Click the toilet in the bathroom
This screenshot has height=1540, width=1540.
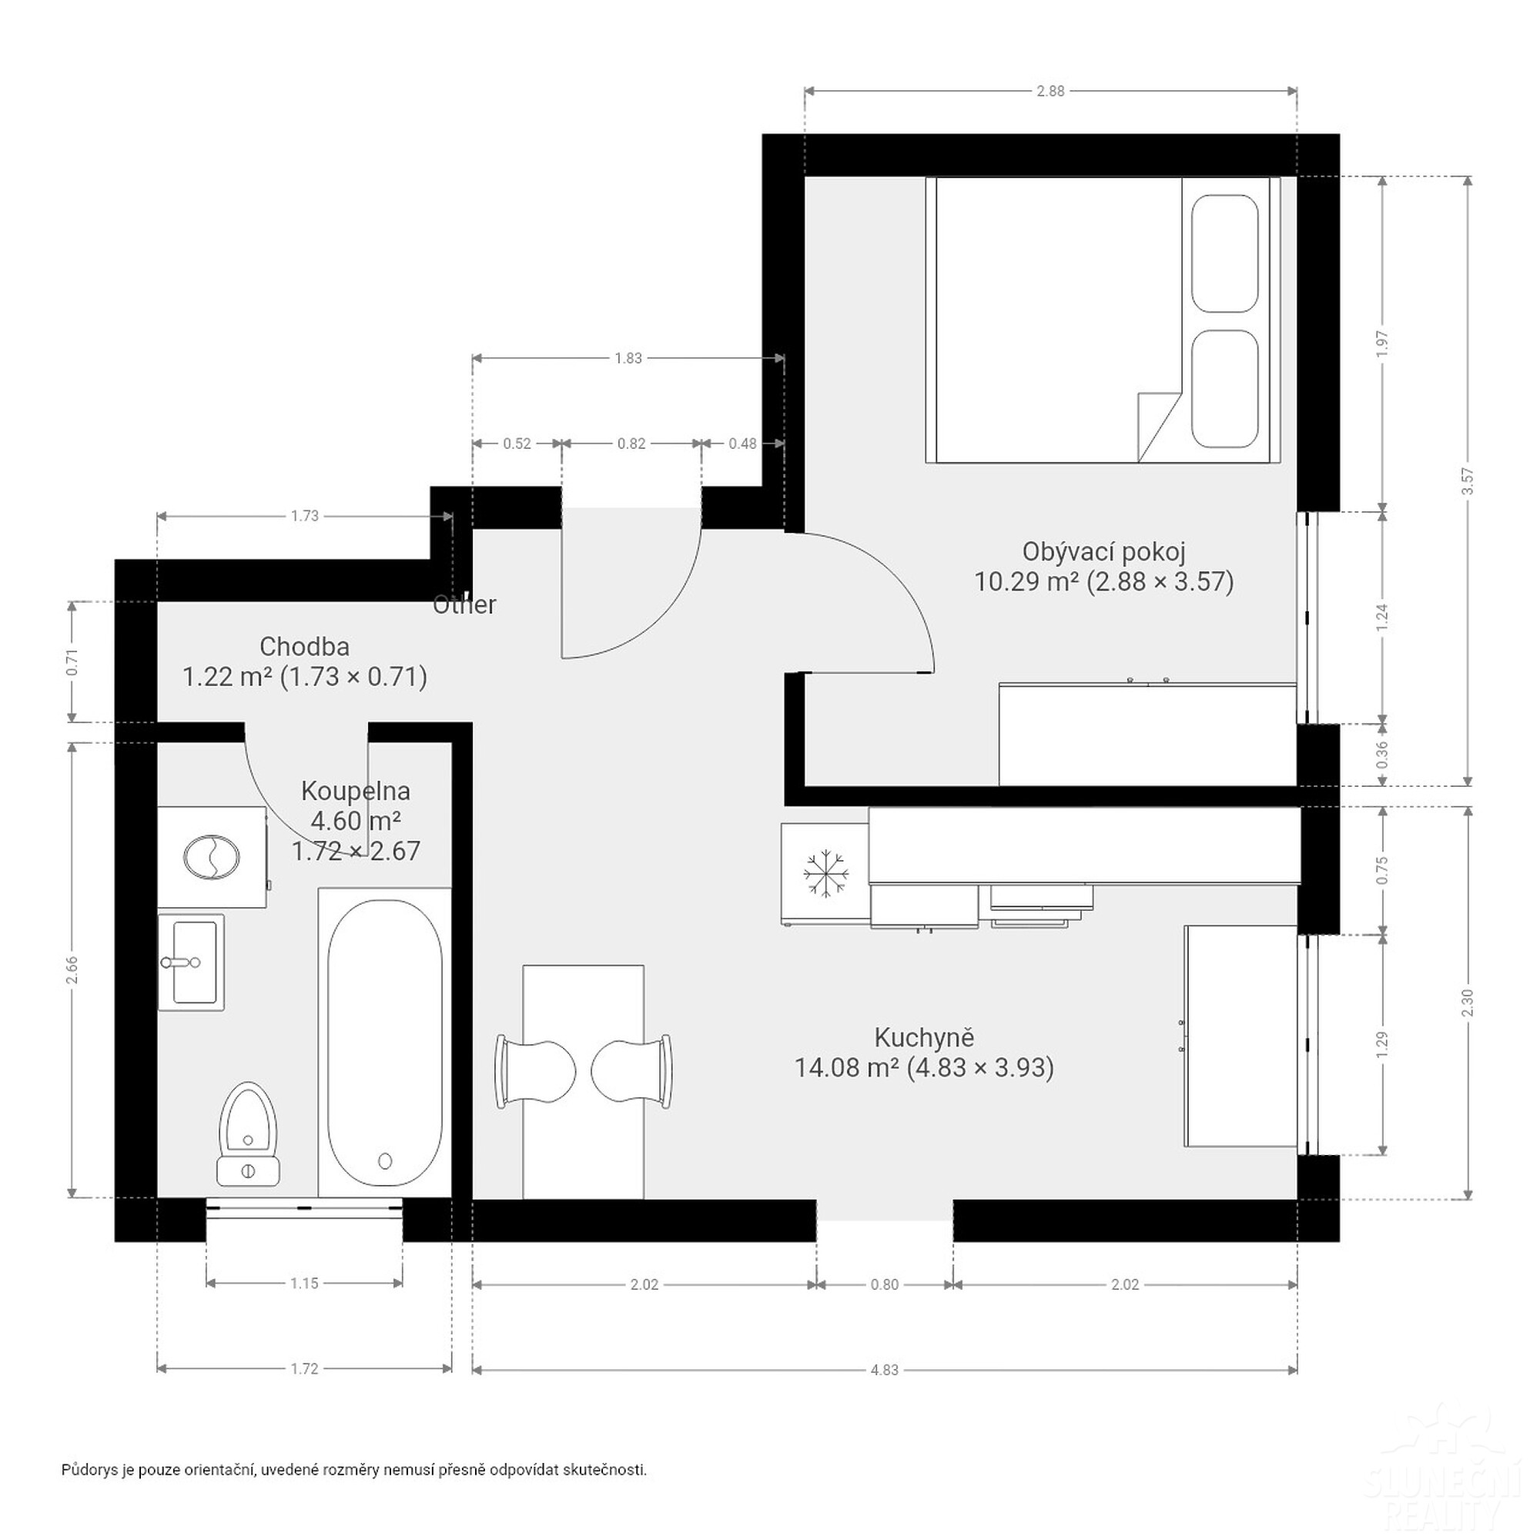pos(248,1133)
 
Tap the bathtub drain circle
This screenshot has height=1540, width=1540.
pos(386,1160)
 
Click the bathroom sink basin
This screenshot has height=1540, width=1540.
pos(191,962)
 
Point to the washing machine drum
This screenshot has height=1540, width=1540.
pos(211,857)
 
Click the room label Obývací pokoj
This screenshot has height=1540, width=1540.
pos(1104,551)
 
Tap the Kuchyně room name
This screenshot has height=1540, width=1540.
pos(924,1037)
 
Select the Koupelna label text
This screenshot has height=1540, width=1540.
pos(356,791)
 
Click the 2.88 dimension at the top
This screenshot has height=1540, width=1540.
pos(1050,91)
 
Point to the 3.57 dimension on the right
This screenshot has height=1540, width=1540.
pos(1468,480)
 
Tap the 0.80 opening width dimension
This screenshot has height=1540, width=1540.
pos(884,1284)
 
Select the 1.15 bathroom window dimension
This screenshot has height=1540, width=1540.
pos(304,1283)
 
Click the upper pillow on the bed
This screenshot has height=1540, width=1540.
pos(1224,253)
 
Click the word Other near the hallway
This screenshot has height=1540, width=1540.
pos(464,605)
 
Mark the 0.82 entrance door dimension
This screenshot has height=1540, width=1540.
pos(631,444)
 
